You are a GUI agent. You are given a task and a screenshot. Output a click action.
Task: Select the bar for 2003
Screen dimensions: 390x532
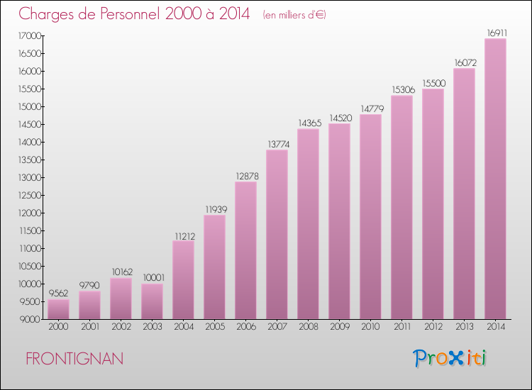pyautogui.click(x=152, y=301)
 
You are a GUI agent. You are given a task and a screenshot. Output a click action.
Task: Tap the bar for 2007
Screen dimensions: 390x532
pyautogui.click(x=277, y=234)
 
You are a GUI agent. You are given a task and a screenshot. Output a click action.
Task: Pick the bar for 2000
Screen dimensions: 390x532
pyautogui.click(x=58, y=309)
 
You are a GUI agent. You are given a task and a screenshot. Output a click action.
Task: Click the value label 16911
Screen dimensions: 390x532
pyautogui.click(x=495, y=33)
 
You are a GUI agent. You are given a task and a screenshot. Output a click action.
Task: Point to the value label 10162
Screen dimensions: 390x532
pyautogui.click(x=121, y=272)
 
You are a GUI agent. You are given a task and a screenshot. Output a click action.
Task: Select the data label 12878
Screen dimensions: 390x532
pyautogui.click(x=245, y=176)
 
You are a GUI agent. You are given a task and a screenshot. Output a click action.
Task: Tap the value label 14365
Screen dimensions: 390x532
pyautogui.click(x=308, y=123)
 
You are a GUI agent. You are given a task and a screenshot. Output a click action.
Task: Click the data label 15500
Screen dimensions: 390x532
pyautogui.click(x=433, y=83)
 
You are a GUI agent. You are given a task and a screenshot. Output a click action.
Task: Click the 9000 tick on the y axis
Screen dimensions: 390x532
pyautogui.click(x=29, y=319)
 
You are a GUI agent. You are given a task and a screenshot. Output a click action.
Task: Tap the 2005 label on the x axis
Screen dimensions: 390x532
pyautogui.click(x=214, y=328)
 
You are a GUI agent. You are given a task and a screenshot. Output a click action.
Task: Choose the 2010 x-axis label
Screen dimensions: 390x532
pyautogui.click(x=370, y=328)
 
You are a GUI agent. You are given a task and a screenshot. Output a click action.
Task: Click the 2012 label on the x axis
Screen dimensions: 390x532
pyautogui.click(x=433, y=328)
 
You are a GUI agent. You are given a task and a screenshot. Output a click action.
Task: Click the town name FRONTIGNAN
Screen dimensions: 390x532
pyautogui.click(x=74, y=359)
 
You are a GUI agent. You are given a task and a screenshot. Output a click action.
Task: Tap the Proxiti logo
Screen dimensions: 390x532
pyautogui.click(x=450, y=358)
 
